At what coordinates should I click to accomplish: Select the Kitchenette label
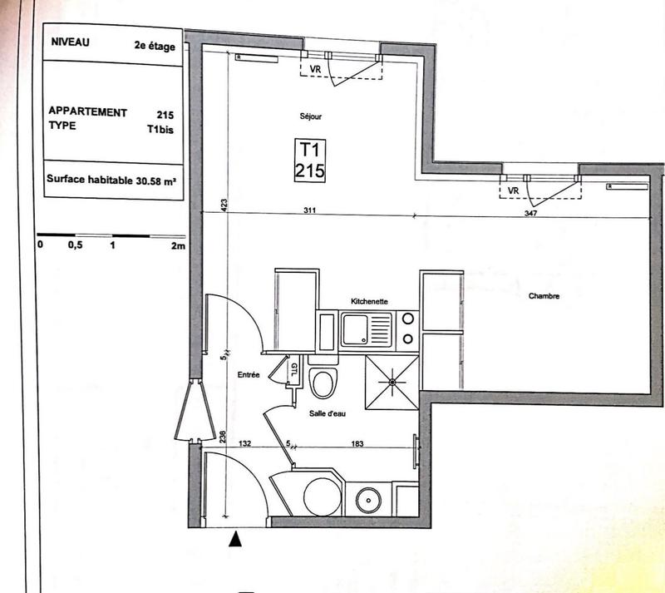point(369,302)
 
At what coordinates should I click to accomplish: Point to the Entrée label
point(249,375)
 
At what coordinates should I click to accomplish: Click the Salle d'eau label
point(328,413)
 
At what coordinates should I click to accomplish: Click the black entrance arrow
point(236,541)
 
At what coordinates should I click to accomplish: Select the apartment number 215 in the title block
point(165,112)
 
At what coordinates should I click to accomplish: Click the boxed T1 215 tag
point(309,160)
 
